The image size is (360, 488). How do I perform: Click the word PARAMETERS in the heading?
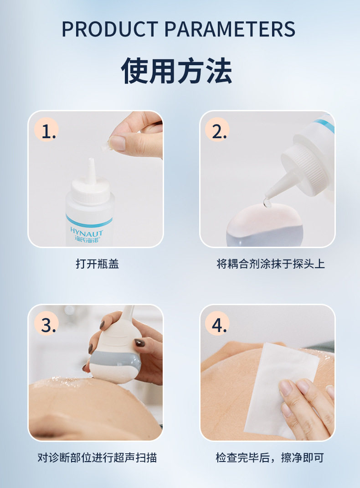point(230,29)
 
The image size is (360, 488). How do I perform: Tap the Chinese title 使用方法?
point(176,71)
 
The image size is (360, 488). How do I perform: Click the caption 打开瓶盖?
point(98,264)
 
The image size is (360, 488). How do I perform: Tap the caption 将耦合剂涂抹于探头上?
point(271,264)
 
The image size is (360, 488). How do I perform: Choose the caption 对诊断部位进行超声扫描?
point(97,457)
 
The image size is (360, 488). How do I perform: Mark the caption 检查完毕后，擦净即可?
point(269,457)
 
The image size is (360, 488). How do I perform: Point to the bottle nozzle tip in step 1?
point(91,159)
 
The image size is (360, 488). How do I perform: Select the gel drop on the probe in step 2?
point(267,202)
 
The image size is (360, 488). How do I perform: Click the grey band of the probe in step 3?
point(114,360)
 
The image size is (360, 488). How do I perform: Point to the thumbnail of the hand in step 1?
point(117,143)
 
